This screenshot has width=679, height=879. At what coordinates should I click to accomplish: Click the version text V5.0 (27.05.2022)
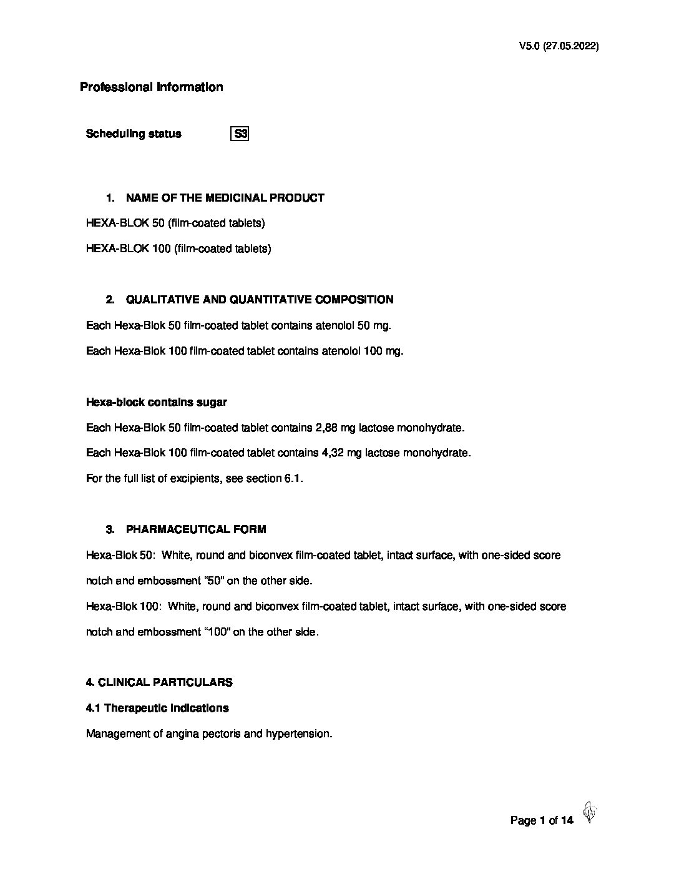point(559,46)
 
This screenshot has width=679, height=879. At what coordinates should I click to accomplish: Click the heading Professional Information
point(151,87)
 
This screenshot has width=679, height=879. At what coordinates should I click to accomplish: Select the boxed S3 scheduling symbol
point(240,134)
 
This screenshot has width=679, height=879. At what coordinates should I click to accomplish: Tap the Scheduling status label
point(134,134)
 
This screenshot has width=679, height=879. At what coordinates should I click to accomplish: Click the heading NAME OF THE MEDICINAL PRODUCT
point(225,198)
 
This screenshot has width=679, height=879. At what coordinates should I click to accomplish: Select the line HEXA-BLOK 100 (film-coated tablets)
point(178,248)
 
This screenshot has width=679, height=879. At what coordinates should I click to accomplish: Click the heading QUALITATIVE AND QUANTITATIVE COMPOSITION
point(259,300)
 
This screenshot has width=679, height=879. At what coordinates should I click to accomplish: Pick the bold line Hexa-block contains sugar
point(156,402)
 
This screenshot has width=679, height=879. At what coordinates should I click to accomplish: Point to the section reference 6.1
point(293,479)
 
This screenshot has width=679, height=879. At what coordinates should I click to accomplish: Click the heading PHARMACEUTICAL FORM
point(196,529)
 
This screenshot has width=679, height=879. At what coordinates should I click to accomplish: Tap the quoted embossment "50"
point(214,581)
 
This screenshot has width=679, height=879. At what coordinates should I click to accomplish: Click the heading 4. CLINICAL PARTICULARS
point(159,682)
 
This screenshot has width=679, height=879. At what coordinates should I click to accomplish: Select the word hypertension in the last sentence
point(298,734)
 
